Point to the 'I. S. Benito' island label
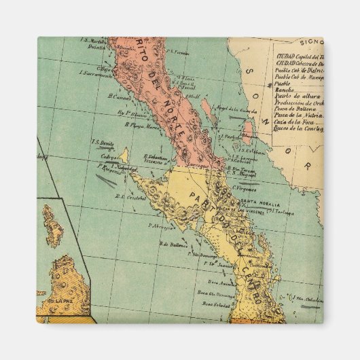click(101, 143)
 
